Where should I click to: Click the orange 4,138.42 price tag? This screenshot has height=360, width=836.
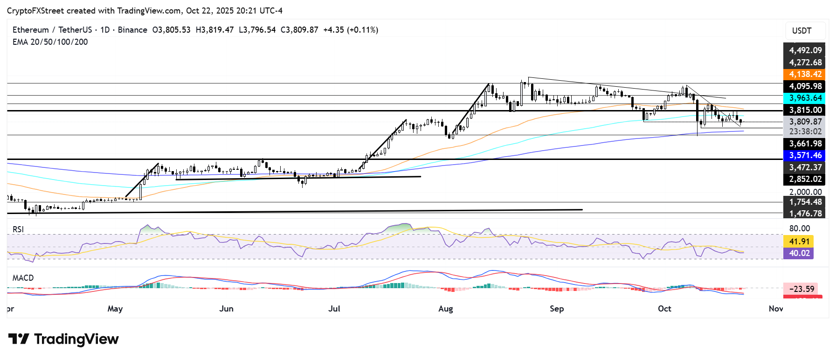coord(805,74)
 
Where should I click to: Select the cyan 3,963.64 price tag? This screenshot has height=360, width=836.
coord(805,98)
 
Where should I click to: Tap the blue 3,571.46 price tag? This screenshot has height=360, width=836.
coord(805,155)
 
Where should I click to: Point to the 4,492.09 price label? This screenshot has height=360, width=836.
coord(805,50)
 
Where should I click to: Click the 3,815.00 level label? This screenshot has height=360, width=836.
coord(805,110)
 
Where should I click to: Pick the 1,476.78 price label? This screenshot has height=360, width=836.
coord(805,214)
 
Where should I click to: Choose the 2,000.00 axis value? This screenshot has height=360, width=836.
coord(805,192)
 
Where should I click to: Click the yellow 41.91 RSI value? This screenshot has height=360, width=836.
coord(799,242)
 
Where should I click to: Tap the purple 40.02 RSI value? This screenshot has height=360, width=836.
coord(799,253)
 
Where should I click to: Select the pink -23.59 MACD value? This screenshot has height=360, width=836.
coord(801,289)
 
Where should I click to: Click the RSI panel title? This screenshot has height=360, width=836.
coord(18,229)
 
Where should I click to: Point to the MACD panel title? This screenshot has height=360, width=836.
coord(23,278)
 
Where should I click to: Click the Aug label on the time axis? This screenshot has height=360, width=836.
coord(446,309)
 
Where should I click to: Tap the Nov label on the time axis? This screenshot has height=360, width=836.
coord(776,309)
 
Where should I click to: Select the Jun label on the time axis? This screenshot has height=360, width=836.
coord(226,309)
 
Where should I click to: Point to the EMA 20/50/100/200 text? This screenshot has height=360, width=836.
coord(50,42)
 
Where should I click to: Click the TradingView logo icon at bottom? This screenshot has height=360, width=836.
coord(19,339)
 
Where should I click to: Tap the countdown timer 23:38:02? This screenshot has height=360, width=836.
coord(805,132)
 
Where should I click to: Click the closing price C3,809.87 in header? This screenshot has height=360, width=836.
coord(299,30)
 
